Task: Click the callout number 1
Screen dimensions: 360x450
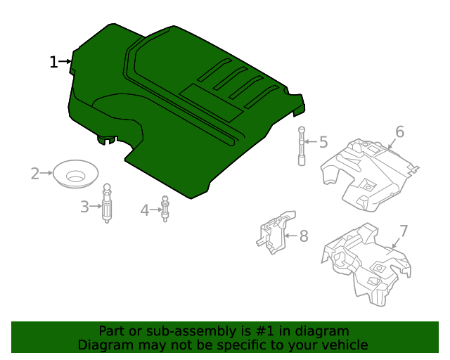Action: pyautogui.click(x=53, y=62)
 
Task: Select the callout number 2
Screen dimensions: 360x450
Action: pyautogui.click(x=35, y=173)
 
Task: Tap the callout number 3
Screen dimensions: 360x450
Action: pyautogui.click(x=84, y=207)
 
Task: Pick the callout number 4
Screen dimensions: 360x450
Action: pyautogui.click(x=145, y=210)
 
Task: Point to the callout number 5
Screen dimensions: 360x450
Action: pyautogui.click(x=323, y=143)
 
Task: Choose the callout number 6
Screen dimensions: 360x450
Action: pyautogui.click(x=399, y=131)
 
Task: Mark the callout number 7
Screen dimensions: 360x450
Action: pyautogui.click(x=404, y=231)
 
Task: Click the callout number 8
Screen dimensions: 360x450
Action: pyautogui.click(x=304, y=236)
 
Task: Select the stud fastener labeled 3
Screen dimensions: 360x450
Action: pyautogui.click(x=108, y=204)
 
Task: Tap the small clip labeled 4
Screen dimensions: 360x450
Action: pyautogui.click(x=166, y=209)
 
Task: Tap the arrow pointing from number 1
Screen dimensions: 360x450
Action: pyautogui.click(x=66, y=62)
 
